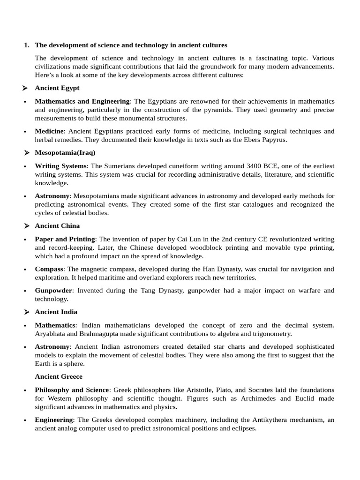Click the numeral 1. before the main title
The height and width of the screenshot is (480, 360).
26,45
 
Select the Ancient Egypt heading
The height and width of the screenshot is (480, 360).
57,88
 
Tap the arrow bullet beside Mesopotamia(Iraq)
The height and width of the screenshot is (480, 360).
26,153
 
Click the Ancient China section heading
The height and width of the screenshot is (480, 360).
57,226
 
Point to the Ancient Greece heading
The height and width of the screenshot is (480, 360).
59,376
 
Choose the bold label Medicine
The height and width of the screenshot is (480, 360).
49,131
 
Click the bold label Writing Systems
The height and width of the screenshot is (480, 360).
60,166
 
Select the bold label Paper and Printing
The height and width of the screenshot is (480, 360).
65,239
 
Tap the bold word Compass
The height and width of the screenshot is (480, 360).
49,269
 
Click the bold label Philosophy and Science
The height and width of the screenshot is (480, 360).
72,390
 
